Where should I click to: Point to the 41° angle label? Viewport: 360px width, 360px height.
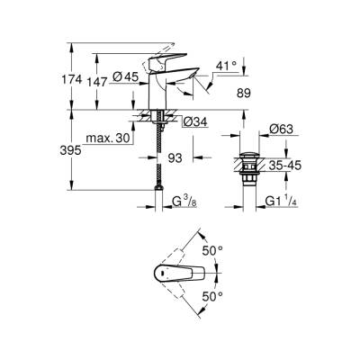pos(228,67)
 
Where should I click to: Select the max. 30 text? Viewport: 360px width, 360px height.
pos(106,138)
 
